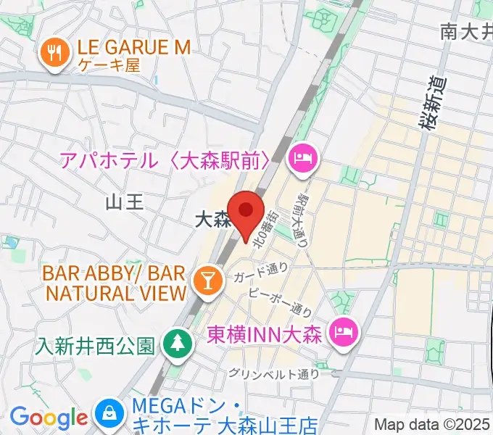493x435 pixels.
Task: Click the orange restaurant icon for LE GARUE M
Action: [53, 53]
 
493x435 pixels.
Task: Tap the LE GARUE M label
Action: [130, 48]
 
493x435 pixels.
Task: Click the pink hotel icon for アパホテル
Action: [301, 158]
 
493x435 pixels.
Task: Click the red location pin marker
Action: [246, 211]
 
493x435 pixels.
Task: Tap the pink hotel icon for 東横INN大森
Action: [341, 333]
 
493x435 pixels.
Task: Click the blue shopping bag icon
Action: [108, 415]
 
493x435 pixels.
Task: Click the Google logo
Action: [49, 418]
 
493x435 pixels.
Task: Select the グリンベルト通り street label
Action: [274, 374]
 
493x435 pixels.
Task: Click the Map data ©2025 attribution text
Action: [432, 425]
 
